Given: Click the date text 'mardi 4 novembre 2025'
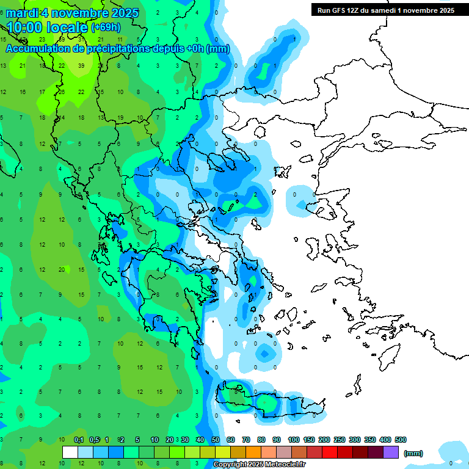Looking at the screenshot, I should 72,13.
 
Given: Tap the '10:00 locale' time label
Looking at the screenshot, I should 48,27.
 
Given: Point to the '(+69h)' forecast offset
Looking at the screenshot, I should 106,27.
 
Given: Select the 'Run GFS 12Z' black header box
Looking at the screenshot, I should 385,10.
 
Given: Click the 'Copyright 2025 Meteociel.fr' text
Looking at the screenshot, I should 258,465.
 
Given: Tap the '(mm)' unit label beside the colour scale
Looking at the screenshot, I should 413,453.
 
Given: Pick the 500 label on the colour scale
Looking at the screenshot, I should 401,440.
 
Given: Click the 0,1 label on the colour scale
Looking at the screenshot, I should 79,440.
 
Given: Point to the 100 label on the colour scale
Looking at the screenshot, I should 294,440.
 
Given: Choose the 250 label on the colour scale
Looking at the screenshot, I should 340,440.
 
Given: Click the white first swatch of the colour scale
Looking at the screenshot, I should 70,452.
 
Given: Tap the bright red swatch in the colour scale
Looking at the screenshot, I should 330,452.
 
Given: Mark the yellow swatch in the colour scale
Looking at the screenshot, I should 223,452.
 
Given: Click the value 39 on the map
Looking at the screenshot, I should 81,65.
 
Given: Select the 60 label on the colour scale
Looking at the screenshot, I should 230,440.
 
